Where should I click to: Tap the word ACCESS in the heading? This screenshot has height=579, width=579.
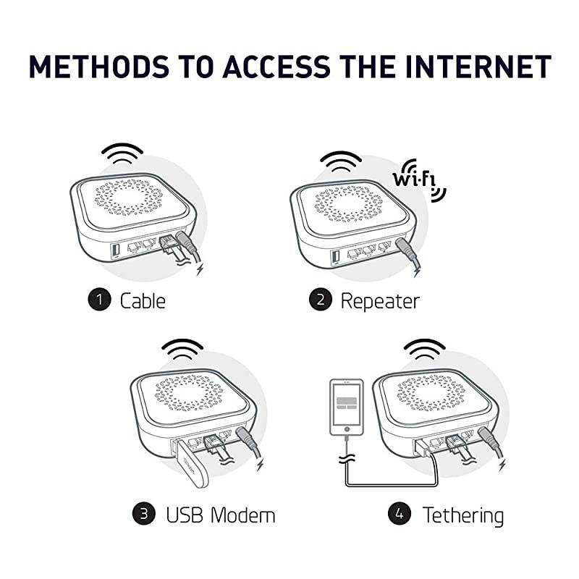[274, 67]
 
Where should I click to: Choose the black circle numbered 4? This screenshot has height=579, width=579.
[400, 515]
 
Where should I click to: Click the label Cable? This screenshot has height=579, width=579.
[143, 300]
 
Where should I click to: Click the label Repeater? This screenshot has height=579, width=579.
[380, 300]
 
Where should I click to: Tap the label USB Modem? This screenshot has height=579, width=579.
[221, 515]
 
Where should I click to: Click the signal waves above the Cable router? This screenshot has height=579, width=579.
[122, 154]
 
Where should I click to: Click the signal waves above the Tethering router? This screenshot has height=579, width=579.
[423, 350]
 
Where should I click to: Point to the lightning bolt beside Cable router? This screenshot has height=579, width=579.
[200, 269]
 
